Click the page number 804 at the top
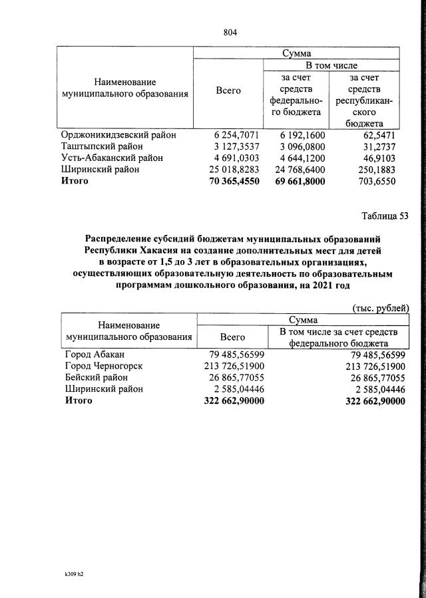pos(230,32)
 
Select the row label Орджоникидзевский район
pos(120,134)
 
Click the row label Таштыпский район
pos(103,146)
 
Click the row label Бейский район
pos(98,377)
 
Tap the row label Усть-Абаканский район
pos(112,158)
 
